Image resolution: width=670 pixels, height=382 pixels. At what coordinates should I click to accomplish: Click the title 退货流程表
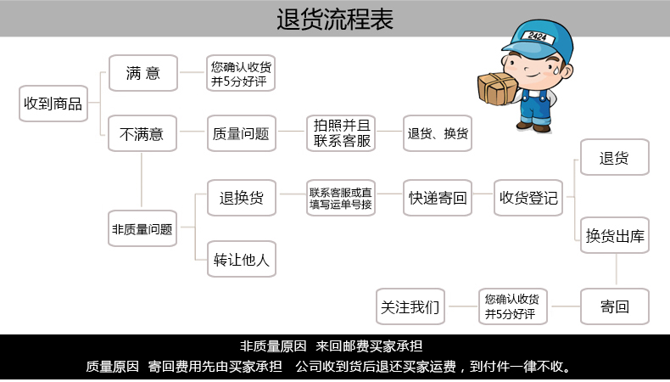tap(335, 19)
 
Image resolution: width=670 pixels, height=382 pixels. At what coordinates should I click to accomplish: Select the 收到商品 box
tap(53, 104)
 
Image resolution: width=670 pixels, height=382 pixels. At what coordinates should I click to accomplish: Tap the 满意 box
tap(142, 73)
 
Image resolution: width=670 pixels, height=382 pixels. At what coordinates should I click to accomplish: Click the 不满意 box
tap(142, 133)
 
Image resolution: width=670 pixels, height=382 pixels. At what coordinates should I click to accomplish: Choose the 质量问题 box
tap(242, 133)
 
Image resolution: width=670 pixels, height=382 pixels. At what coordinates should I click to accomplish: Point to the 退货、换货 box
tap(438, 133)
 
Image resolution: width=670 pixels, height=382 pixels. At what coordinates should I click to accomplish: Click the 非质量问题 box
tap(142, 228)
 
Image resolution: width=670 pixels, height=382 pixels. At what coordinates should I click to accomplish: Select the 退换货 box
tap(242, 198)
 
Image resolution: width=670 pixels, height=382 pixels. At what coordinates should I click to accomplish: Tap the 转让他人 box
tap(242, 259)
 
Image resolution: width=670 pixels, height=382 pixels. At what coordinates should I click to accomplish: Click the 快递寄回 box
tap(438, 198)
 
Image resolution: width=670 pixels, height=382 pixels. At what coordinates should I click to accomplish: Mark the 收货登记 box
tap(529, 198)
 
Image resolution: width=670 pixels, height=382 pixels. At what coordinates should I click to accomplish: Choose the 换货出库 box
tap(615, 237)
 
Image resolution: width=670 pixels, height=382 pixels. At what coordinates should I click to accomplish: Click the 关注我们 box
tap(410, 306)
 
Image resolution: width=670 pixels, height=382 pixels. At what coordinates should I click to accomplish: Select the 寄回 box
tap(615, 306)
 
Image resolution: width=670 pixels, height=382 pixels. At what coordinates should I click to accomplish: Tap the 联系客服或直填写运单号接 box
tap(340, 198)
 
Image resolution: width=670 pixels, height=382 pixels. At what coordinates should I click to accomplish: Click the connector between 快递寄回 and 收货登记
tap(483, 198)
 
